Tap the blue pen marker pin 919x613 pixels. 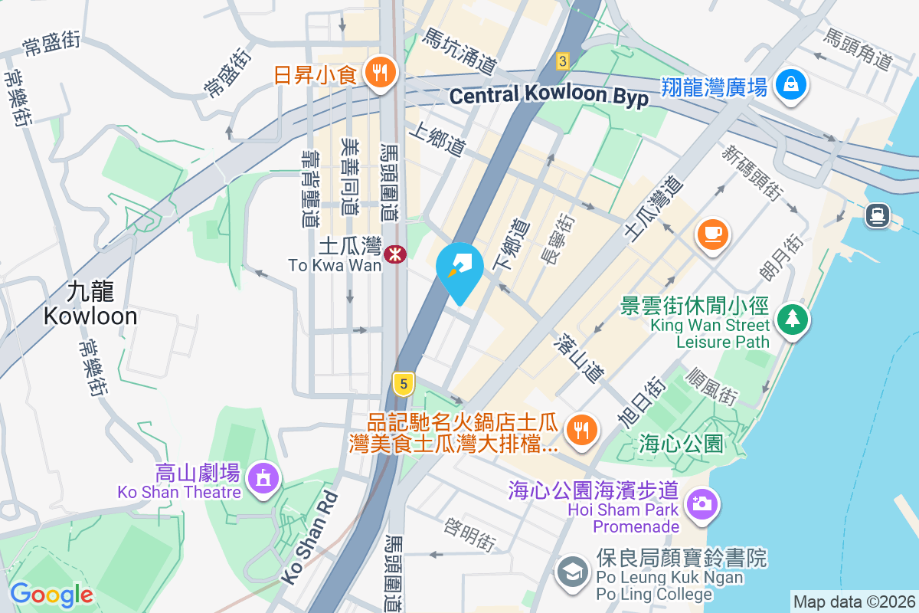click(x=459, y=268)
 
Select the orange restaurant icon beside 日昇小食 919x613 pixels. click(x=378, y=74)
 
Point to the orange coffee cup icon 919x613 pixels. click(x=712, y=233)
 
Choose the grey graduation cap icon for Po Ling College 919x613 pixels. click(x=572, y=572)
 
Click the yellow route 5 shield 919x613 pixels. click(x=403, y=382)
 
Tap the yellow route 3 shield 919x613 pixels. click(x=563, y=61)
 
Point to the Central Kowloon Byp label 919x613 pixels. click(x=549, y=96)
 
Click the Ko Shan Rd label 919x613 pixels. click(x=308, y=539)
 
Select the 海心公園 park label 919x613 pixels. click(x=682, y=443)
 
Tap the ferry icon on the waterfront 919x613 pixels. click(x=877, y=215)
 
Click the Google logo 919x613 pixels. click(x=51, y=594)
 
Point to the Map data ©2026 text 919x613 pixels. click(x=853, y=602)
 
